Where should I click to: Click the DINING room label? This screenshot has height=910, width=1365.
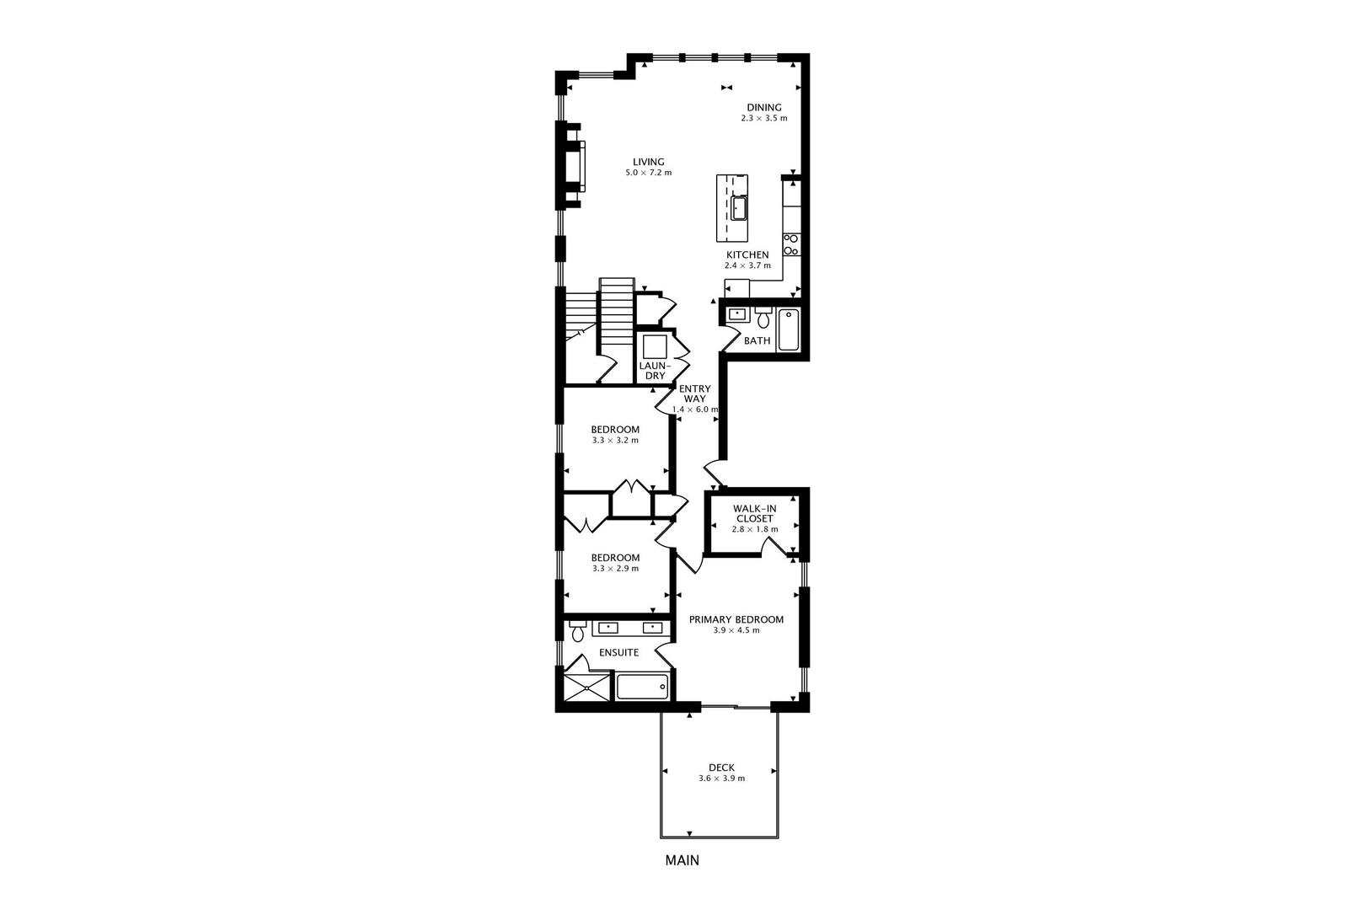coord(764,107)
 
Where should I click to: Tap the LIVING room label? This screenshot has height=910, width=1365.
coord(649,162)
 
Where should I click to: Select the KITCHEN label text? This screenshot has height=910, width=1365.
coord(747,254)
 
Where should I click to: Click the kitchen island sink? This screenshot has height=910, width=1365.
coord(739,207)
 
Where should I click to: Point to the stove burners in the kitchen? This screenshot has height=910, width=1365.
coord(791,244)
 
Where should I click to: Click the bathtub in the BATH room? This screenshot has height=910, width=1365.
coord(789,330)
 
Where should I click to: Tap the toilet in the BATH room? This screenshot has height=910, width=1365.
coord(763,318)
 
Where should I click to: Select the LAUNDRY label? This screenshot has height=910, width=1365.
coord(655,370)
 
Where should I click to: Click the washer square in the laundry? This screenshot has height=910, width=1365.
coord(655,346)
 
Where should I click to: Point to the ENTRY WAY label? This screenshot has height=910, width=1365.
coord(695,393)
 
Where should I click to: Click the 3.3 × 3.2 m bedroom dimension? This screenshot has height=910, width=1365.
coord(615,440)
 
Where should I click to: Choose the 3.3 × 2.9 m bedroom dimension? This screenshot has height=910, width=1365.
coord(615,568)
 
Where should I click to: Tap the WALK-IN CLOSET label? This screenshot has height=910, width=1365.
coord(754,513)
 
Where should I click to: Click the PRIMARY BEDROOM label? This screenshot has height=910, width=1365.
coord(736,619)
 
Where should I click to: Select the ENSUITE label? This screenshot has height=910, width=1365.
coord(618,652)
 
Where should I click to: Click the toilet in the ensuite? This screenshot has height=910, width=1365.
coord(578,631)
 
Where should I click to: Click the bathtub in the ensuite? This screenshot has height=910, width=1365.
coord(642,686)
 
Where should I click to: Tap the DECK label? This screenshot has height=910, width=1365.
coord(721,767)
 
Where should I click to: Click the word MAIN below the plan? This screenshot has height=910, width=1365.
coord(682,860)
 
